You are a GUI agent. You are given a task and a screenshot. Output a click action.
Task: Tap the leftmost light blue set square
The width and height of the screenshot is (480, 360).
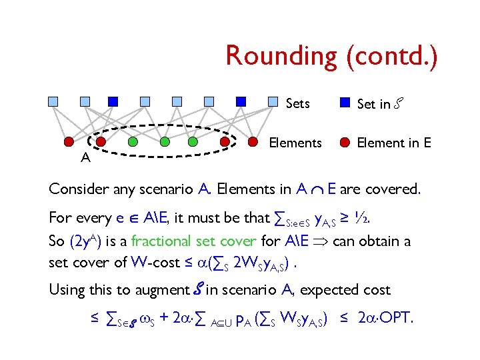pos(53,102)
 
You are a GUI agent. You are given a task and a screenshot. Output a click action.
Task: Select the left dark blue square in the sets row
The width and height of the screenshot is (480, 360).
pos(113,102)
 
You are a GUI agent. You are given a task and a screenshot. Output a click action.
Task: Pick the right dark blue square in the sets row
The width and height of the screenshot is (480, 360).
pos(241,102)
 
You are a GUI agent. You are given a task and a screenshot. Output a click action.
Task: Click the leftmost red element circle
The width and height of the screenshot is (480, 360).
pos(69,141)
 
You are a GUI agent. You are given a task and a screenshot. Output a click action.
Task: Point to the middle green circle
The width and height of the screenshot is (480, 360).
pos(164,141)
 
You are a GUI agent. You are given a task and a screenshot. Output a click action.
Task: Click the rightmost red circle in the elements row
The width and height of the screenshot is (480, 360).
pos(253,141)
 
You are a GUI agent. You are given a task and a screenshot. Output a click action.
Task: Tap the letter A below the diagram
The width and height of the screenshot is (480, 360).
pos(85,158)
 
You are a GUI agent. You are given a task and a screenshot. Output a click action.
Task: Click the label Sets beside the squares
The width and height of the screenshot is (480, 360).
pos(297,103)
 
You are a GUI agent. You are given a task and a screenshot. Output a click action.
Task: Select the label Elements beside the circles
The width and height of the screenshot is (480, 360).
pos(295,143)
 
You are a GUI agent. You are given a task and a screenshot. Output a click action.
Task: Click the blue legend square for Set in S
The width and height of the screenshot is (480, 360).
pos(345,103)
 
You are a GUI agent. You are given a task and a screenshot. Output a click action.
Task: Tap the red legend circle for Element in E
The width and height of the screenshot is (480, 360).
pos(345,142)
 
